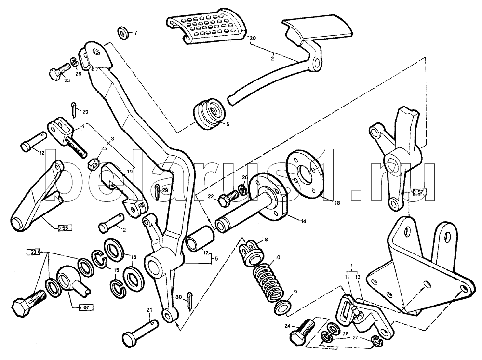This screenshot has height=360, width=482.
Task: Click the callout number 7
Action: tap(135, 33)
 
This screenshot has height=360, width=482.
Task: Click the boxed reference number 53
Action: tap(32, 252)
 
